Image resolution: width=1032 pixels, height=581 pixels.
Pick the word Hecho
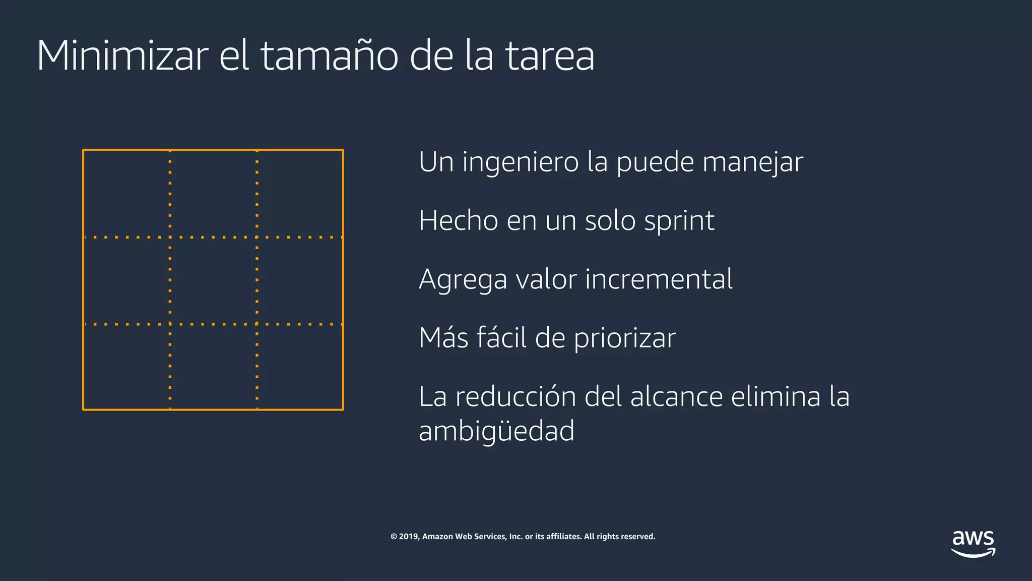tap(458, 221)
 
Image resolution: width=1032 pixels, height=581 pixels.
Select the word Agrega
tap(463, 280)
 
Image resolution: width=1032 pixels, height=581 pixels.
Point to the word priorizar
tap(625, 338)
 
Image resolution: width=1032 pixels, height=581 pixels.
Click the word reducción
tap(515, 396)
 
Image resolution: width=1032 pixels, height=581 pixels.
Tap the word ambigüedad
tap(496, 431)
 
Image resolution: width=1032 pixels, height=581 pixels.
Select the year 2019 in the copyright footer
tap(409, 537)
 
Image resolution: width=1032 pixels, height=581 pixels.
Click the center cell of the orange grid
tap(213, 280)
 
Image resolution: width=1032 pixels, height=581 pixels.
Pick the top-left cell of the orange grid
tap(126, 193)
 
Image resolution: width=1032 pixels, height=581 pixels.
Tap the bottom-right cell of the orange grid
tap(300, 367)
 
